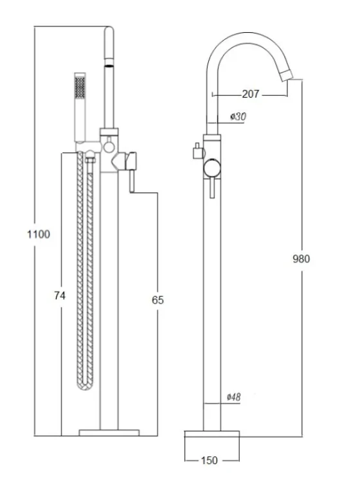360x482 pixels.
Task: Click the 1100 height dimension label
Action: [x=39, y=234]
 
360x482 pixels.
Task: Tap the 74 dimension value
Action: [x=60, y=296]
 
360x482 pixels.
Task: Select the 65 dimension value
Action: [x=157, y=300]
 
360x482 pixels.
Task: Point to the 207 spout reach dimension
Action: [x=251, y=94]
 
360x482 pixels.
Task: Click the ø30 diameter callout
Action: [x=239, y=116]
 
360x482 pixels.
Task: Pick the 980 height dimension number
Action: [x=301, y=259]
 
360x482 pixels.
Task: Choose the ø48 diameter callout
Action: [x=233, y=397]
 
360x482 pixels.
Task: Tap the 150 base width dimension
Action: [x=210, y=461]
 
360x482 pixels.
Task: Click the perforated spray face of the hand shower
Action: [x=80, y=87]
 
